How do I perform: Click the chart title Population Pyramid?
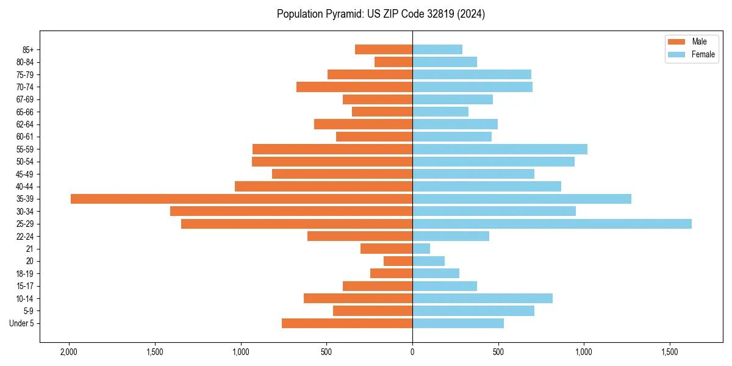pyautogui.click(x=381, y=14)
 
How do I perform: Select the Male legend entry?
pyautogui.click(x=699, y=41)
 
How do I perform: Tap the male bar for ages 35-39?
pyautogui.click(x=242, y=199)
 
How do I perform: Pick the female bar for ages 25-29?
pyautogui.click(x=552, y=224)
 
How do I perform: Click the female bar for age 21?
pyautogui.click(x=422, y=249)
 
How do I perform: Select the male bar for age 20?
pyautogui.click(x=398, y=261)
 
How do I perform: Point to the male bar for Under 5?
pyautogui.click(x=347, y=323)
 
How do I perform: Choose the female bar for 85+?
pyautogui.click(x=437, y=49)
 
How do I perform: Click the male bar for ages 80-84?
pyautogui.click(x=393, y=62)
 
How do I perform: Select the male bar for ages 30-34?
pyautogui.click(x=292, y=211)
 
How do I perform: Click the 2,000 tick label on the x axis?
pyautogui.click(x=69, y=352)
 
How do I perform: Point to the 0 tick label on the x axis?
pyautogui.click(x=412, y=352)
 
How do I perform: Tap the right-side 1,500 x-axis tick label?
pyautogui.click(x=670, y=352)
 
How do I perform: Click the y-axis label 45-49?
pyautogui.click(x=24, y=174)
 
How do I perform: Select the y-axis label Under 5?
pyautogui.click(x=21, y=323)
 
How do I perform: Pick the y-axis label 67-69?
pyautogui.click(x=24, y=99)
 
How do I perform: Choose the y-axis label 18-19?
pyautogui.click(x=24, y=274)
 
